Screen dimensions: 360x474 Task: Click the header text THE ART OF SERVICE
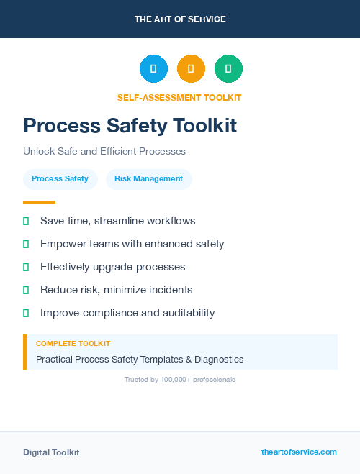pos(180,19)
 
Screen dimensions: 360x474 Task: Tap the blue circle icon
pos(153,69)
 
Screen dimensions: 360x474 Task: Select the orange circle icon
pos(191,69)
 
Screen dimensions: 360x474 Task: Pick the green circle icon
pos(228,69)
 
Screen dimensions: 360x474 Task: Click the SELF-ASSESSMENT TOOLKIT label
pos(179,97)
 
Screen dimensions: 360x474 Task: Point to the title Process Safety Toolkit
pos(130,126)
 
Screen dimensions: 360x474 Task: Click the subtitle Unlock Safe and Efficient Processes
pos(104,152)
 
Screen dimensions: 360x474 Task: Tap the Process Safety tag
pos(60,178)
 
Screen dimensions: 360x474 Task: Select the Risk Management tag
pos(148,178)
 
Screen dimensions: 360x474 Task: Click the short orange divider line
pos(39,202)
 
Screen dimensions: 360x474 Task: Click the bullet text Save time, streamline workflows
pos(117,221)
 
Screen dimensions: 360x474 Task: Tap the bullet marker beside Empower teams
pos(26,245)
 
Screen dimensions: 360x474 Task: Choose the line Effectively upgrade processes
pos(112,267)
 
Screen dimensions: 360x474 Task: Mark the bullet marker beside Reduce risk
pos(26,291)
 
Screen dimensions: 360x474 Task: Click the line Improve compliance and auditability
pos(127,313)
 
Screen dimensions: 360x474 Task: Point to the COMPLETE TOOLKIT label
pos(73,344)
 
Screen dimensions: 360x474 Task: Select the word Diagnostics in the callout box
pos(217,359)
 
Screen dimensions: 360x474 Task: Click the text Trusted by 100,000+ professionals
pos(180,379)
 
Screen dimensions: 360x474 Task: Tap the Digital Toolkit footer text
pos(51,452)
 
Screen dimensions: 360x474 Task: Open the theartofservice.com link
pos(299,452)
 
